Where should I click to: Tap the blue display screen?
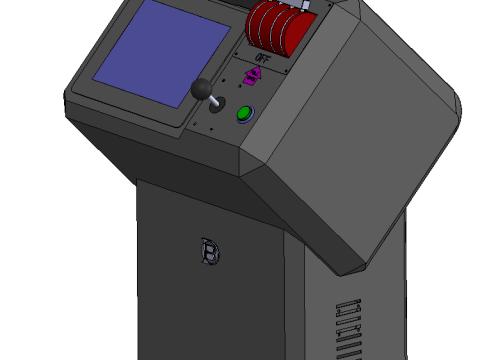pyautogui.click(x=160, y=55)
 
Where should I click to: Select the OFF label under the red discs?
pyautogui.click(x=262, y=58)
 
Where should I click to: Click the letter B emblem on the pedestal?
pyautogui.click(x=209, y=253)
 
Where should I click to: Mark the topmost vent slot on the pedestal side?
pyautogui.click(x=346, y=304)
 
